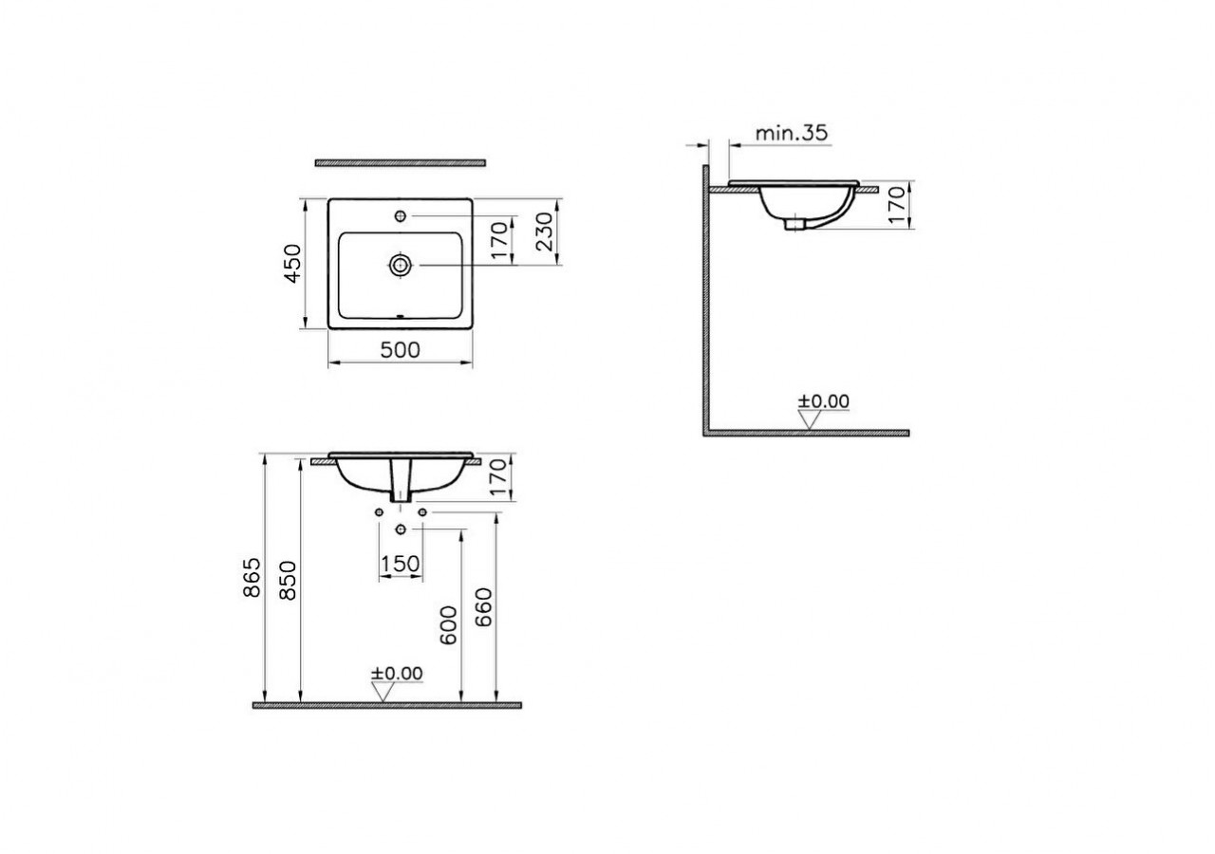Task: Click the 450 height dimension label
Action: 292,264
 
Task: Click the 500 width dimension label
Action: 400,349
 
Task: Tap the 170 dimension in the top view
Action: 501,241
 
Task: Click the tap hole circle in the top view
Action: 401,217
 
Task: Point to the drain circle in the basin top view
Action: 401,265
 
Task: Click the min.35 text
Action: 792,133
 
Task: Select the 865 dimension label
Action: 252,579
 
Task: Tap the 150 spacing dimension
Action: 400,565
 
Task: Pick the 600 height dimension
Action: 450,625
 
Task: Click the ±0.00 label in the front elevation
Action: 397,673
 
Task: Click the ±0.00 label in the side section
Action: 823,400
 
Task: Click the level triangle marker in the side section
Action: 809,420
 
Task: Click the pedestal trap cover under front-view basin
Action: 401,482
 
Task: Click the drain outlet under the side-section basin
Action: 791,225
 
